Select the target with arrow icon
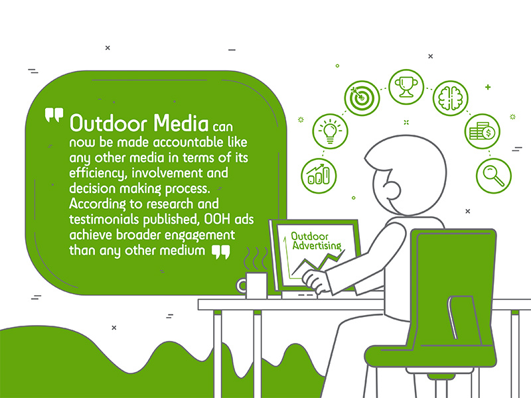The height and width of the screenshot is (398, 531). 360,98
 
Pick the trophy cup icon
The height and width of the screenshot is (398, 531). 406,86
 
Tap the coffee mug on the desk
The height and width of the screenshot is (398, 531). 254,283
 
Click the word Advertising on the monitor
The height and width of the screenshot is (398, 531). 317,247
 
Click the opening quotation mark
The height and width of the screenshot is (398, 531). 53,117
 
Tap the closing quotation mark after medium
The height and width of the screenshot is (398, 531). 220,251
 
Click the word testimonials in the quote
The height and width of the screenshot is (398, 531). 101,220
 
